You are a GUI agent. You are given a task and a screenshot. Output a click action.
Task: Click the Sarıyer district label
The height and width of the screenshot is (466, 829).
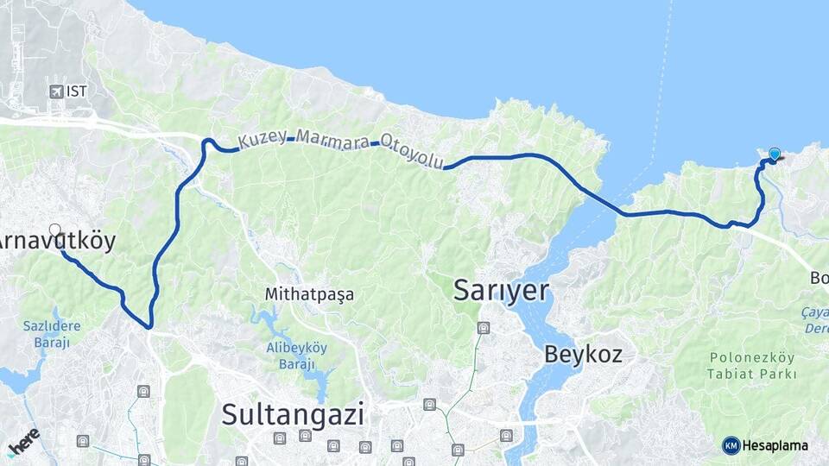click(x=502, y=291)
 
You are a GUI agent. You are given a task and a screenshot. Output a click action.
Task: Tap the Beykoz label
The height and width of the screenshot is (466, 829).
click(x=583, y=353)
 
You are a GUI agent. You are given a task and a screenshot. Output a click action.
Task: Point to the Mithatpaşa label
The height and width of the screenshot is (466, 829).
click(x=309, y=294)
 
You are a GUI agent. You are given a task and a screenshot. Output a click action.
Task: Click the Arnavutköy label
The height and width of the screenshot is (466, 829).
click(x=57, y=242)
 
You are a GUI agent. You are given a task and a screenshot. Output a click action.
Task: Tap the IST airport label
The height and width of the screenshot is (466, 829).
click(x=77, y=91)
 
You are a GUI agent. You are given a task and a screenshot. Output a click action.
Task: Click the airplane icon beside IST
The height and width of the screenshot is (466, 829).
click(x=57, y=91)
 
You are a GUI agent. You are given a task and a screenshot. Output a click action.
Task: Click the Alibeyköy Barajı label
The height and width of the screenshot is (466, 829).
click(x=288, y=355)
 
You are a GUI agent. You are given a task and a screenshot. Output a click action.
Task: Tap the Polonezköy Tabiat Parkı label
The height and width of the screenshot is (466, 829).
click(x=749, y=364)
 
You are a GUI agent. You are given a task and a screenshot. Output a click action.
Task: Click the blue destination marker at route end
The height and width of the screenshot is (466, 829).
click(x=775, y=154)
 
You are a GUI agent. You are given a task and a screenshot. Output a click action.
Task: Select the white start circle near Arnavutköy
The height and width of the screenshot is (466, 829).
click(x=55, y=230)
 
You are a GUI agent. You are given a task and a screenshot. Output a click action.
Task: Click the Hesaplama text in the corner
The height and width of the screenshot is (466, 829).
click(x=775, y=445)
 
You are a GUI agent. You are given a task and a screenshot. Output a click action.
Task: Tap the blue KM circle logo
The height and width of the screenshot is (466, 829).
click(x=731, y=445)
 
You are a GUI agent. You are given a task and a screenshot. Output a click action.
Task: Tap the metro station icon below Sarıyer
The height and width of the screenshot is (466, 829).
click(x=484, y=328)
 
